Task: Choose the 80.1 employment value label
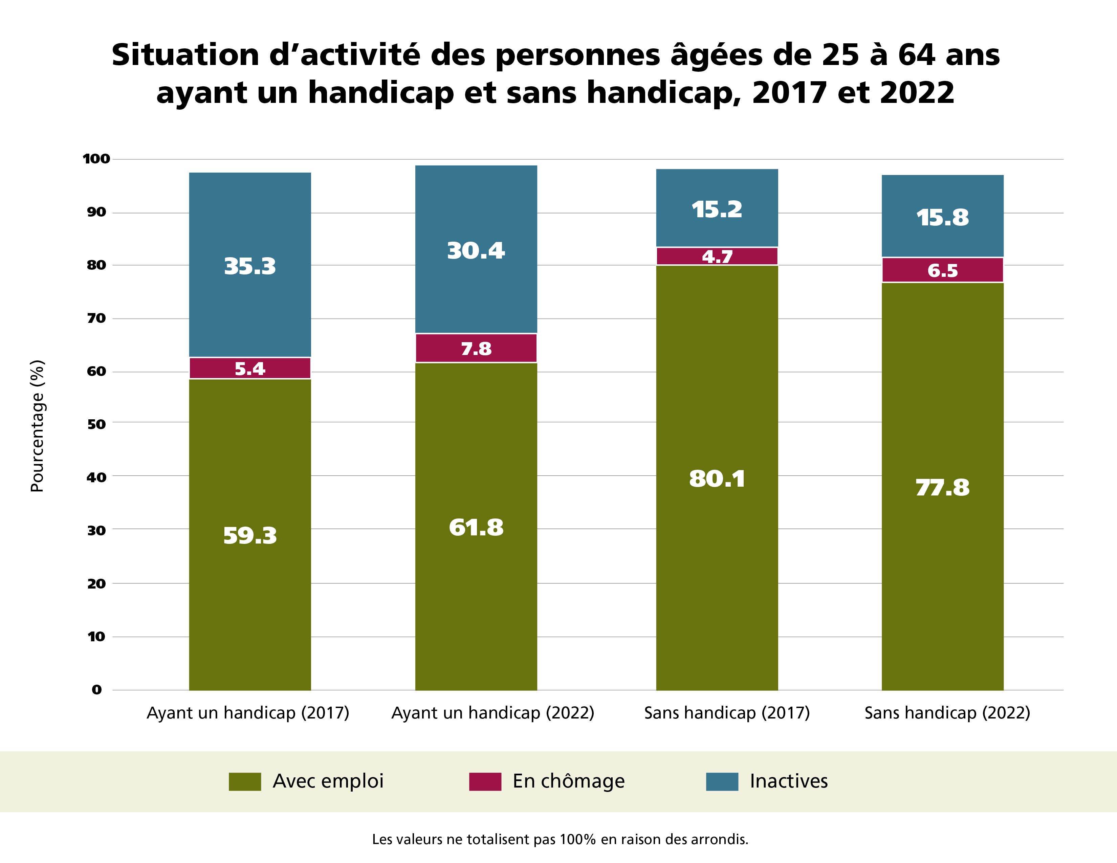coord(717,479)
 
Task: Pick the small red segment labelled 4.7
coord(717,256)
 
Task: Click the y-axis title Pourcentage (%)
coord(37,425)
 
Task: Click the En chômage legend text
coord(568,781)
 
